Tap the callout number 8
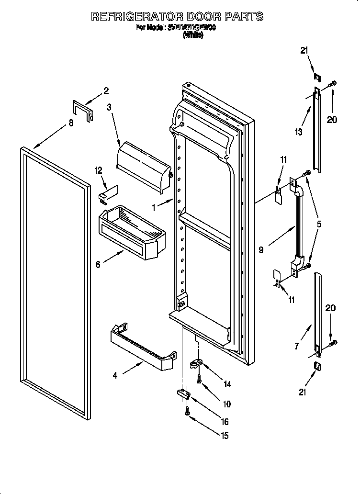click(x=71, y=123)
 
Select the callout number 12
click(x=99, y=169)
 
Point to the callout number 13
click(x=299, y=132)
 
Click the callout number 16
click(x=225, y=422)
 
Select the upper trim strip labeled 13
click(x=316, y=129)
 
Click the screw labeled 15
click(x=187, y=410)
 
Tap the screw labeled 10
click(x=200, y=380)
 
